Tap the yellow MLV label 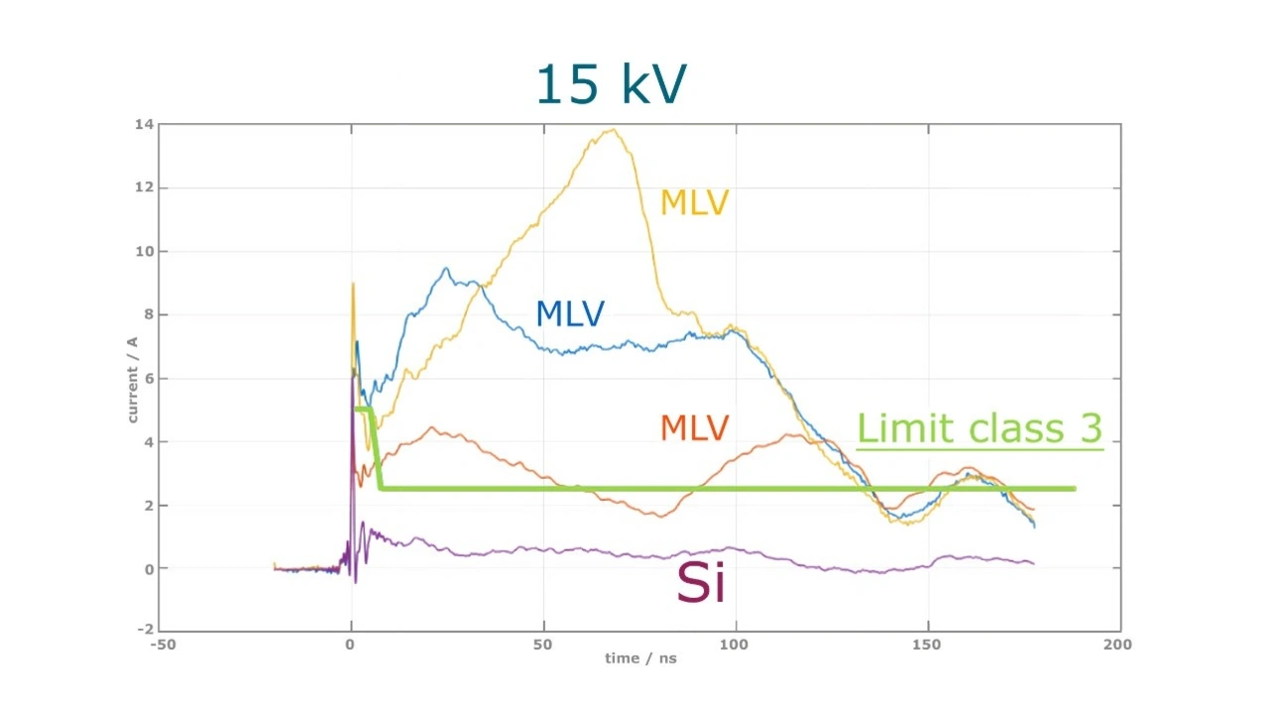click(694, 202)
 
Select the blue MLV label click(569, 314)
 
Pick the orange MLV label click(694, 427)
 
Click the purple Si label click(700, 582)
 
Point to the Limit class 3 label click(979, 428)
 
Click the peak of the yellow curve click(614, 130)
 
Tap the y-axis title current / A click(132, 380)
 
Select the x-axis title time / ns click(641, 658)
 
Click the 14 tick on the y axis click(145, 124)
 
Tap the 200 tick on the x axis click(1117, 644)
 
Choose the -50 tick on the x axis click(163, 644)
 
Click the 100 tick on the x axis click(735, 644)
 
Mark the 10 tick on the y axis click(145, 251)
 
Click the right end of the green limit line click(1074, 488)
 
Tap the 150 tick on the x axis click(928, 644)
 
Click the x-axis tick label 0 click(350, 644)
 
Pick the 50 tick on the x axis click(542, 644)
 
